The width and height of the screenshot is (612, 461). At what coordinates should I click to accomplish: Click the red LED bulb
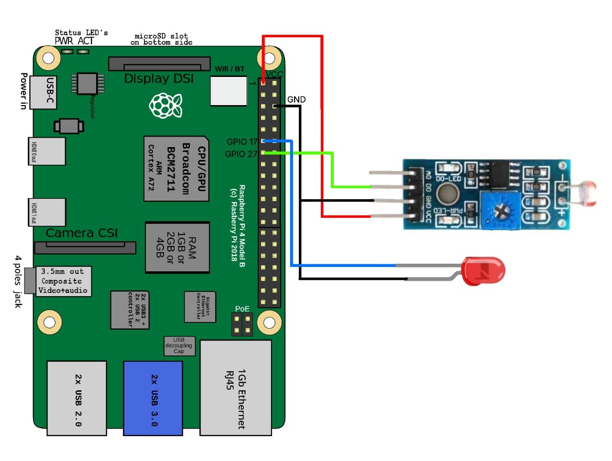click(x=483, y=271)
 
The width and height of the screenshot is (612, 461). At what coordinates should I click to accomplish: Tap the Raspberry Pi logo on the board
click(x=165, y=105)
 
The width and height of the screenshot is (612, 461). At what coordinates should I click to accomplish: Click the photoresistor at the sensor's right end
click(x=586, y=193)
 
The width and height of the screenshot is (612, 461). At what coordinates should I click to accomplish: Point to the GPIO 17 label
click(x=241, y=142)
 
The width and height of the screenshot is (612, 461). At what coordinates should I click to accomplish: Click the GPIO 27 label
click(x=240, y=154)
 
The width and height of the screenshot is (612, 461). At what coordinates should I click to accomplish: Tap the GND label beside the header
click(x=296, y=99)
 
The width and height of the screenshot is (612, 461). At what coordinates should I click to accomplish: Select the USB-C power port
click(x=44, y=92)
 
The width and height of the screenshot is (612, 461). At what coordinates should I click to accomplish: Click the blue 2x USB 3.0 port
click(x=153, y=398)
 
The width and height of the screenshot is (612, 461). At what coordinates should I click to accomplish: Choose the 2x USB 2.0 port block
click(x=77, y=398)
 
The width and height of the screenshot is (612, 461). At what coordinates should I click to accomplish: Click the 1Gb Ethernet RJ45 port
click(x=236, y=387)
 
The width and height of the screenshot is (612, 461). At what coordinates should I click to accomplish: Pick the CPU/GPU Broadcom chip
click(x=176, y=168)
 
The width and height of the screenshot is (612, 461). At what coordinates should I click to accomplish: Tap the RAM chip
click(x=177, y=247)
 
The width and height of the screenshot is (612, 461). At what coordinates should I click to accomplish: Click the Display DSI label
click(x=159, y=78)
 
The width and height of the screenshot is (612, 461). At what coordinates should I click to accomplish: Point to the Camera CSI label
click(x=82, y=233)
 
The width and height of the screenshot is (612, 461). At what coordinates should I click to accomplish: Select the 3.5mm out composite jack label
click(x=63, y=281)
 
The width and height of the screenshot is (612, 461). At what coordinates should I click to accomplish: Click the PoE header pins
click(x=242, y=324)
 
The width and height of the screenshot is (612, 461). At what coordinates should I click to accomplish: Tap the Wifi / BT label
click(x=229, y=69)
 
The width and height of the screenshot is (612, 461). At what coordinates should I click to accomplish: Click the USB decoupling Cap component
click(x=179, y=346)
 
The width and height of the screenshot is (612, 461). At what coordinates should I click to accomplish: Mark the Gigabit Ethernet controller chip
click(x=200, y=307)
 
